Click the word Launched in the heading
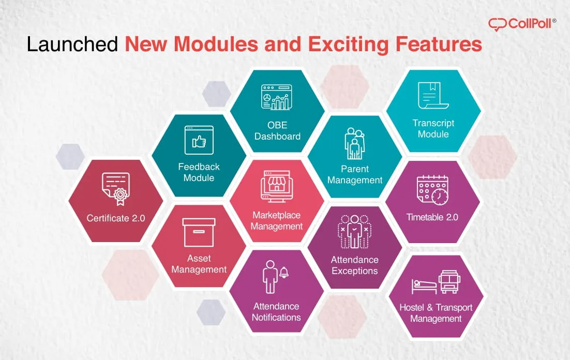coord(72,44)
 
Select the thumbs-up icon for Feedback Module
coord(199,141)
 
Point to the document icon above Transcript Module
coord(433,96)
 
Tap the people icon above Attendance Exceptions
coord(355,231)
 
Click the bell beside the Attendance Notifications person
coord(284,273)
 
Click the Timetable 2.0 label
coord(432,217)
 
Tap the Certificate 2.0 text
coord(116,218)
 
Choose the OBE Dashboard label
coord(277,131)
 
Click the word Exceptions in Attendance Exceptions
coord(355,271)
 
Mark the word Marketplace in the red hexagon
coord(277,215)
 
